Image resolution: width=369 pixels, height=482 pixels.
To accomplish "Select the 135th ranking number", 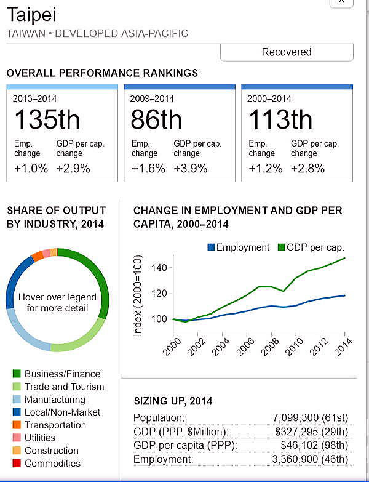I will click(47, 119).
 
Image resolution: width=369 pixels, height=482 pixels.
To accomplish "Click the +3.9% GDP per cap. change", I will click(191, 168).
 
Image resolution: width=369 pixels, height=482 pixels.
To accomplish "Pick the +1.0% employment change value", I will click(31, 168).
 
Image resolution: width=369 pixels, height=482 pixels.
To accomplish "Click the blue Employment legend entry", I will click(239, 247).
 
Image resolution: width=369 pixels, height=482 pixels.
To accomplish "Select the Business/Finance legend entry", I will click(62, 374).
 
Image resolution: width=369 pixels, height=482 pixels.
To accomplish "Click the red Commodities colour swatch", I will click(17, 464).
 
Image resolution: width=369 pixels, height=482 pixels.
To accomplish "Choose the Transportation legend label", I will click(55, 425).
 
